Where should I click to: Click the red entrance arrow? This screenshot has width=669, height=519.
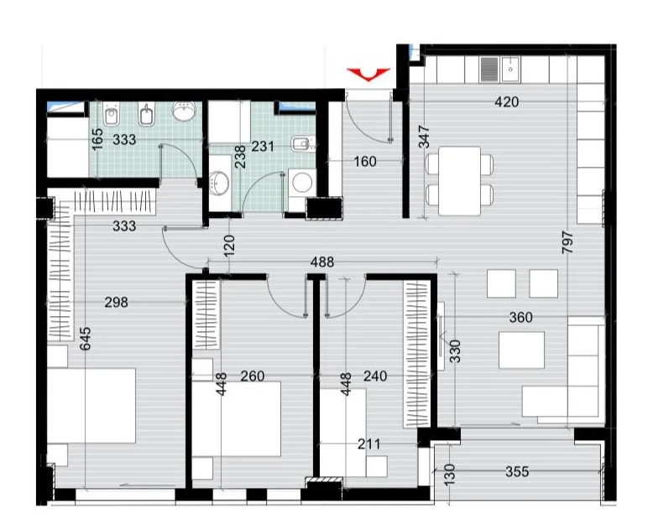click(x=368, y=74)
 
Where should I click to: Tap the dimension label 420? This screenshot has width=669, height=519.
click(x=506, y=102)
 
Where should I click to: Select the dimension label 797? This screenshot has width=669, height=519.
click(x=567, y=242)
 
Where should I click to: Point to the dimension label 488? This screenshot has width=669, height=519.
click(x=322, y=262)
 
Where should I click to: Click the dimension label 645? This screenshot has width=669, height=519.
click(x=86, y=339)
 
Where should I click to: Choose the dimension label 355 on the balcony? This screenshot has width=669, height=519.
click(x=517, y=472)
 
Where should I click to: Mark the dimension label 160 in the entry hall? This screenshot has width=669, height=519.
click(x=365, y=162)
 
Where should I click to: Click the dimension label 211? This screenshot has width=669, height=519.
click(x=368, y=444)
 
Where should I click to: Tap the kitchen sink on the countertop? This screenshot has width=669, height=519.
click(x=510, y=69)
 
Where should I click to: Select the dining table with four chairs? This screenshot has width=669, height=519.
click(x=459, y=180)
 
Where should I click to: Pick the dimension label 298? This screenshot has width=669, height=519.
click(x=117, y=303)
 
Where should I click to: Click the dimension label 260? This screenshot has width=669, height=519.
click(x=252, y=376)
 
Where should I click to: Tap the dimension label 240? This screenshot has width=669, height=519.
click(x=375, y=376)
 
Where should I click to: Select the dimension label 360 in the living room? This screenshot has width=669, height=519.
click(x=520, y=318)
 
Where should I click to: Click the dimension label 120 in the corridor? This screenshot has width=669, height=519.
click(x=229, y=246)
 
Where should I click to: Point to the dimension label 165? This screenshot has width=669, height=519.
click(x=97, y=139)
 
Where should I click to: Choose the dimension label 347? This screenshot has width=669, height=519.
click(x=424, y=137)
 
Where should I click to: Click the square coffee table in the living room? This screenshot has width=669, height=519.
click(x=521, y=350)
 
